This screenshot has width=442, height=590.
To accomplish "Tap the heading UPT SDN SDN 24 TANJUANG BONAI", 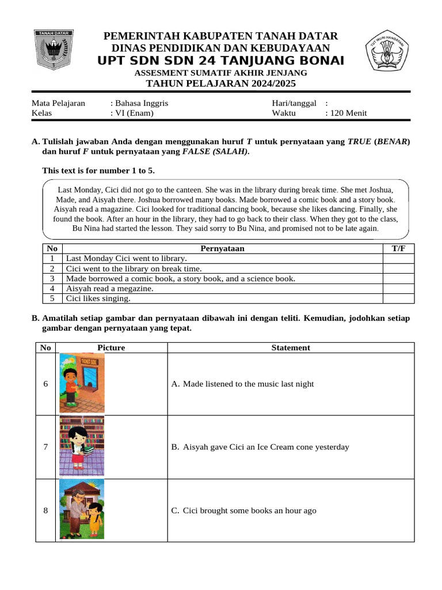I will tap(220, 61).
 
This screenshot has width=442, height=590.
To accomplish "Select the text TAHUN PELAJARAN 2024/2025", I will tap(220, 84).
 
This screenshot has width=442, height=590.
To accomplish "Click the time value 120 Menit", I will tap(346, 113).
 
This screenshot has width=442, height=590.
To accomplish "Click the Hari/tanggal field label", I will tap(294, 103).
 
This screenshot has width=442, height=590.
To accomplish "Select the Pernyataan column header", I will tap(222, 248).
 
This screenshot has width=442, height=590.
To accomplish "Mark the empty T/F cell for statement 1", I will tap(398, 259).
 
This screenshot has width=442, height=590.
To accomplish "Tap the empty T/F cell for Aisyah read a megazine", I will tap(398, 289).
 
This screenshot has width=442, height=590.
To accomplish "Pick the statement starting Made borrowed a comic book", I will tap(181, 278).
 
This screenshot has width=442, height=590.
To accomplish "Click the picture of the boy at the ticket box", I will tap(82, 383).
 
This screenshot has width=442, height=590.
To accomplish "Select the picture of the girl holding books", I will tap(82, 447).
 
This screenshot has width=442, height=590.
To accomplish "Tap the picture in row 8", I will tap(82, 510).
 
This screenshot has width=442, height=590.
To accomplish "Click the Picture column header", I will tap(111, 347).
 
